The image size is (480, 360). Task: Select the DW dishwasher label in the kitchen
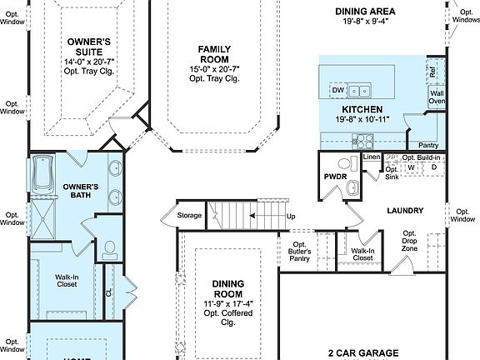(338, 90)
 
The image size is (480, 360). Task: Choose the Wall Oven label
(437, 97)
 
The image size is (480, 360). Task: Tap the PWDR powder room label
(335, 177)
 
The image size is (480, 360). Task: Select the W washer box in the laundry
(411, 167)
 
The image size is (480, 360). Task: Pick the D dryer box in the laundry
(434, 167)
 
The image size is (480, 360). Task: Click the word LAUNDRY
(405, 211)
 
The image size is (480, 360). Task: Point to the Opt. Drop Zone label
(410, 242)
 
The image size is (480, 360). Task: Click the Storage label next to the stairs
(190, 216)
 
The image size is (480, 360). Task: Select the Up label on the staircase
(291, 216)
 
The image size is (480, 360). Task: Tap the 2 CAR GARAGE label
(362, 352)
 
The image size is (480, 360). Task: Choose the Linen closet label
(371, 157)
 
